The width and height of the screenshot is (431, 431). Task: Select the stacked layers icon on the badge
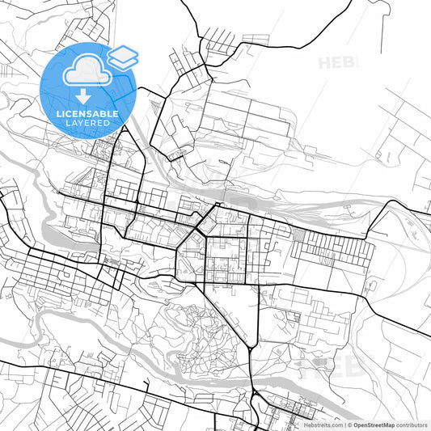click(x=122, y=56)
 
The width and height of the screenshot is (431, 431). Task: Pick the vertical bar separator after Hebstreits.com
click(x=344, y=425)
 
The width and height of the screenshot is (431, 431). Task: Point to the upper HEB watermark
click(x=336, y=62)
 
